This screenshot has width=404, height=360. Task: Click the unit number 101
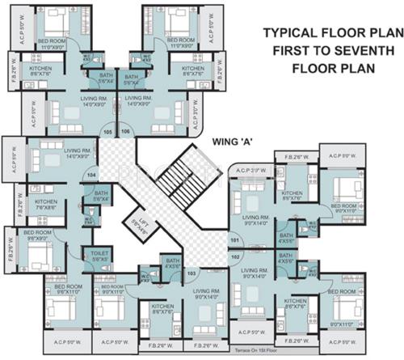coord(235,241)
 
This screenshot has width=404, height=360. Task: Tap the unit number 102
coord(235,256)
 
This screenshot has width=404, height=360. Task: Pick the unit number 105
coord(107,130)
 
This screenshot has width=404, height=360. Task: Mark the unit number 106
coord(125,130)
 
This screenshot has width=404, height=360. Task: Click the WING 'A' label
coord(233,141)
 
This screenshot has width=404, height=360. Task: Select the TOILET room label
coord(100,256)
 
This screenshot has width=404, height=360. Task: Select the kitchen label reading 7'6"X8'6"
coord(45,205)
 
